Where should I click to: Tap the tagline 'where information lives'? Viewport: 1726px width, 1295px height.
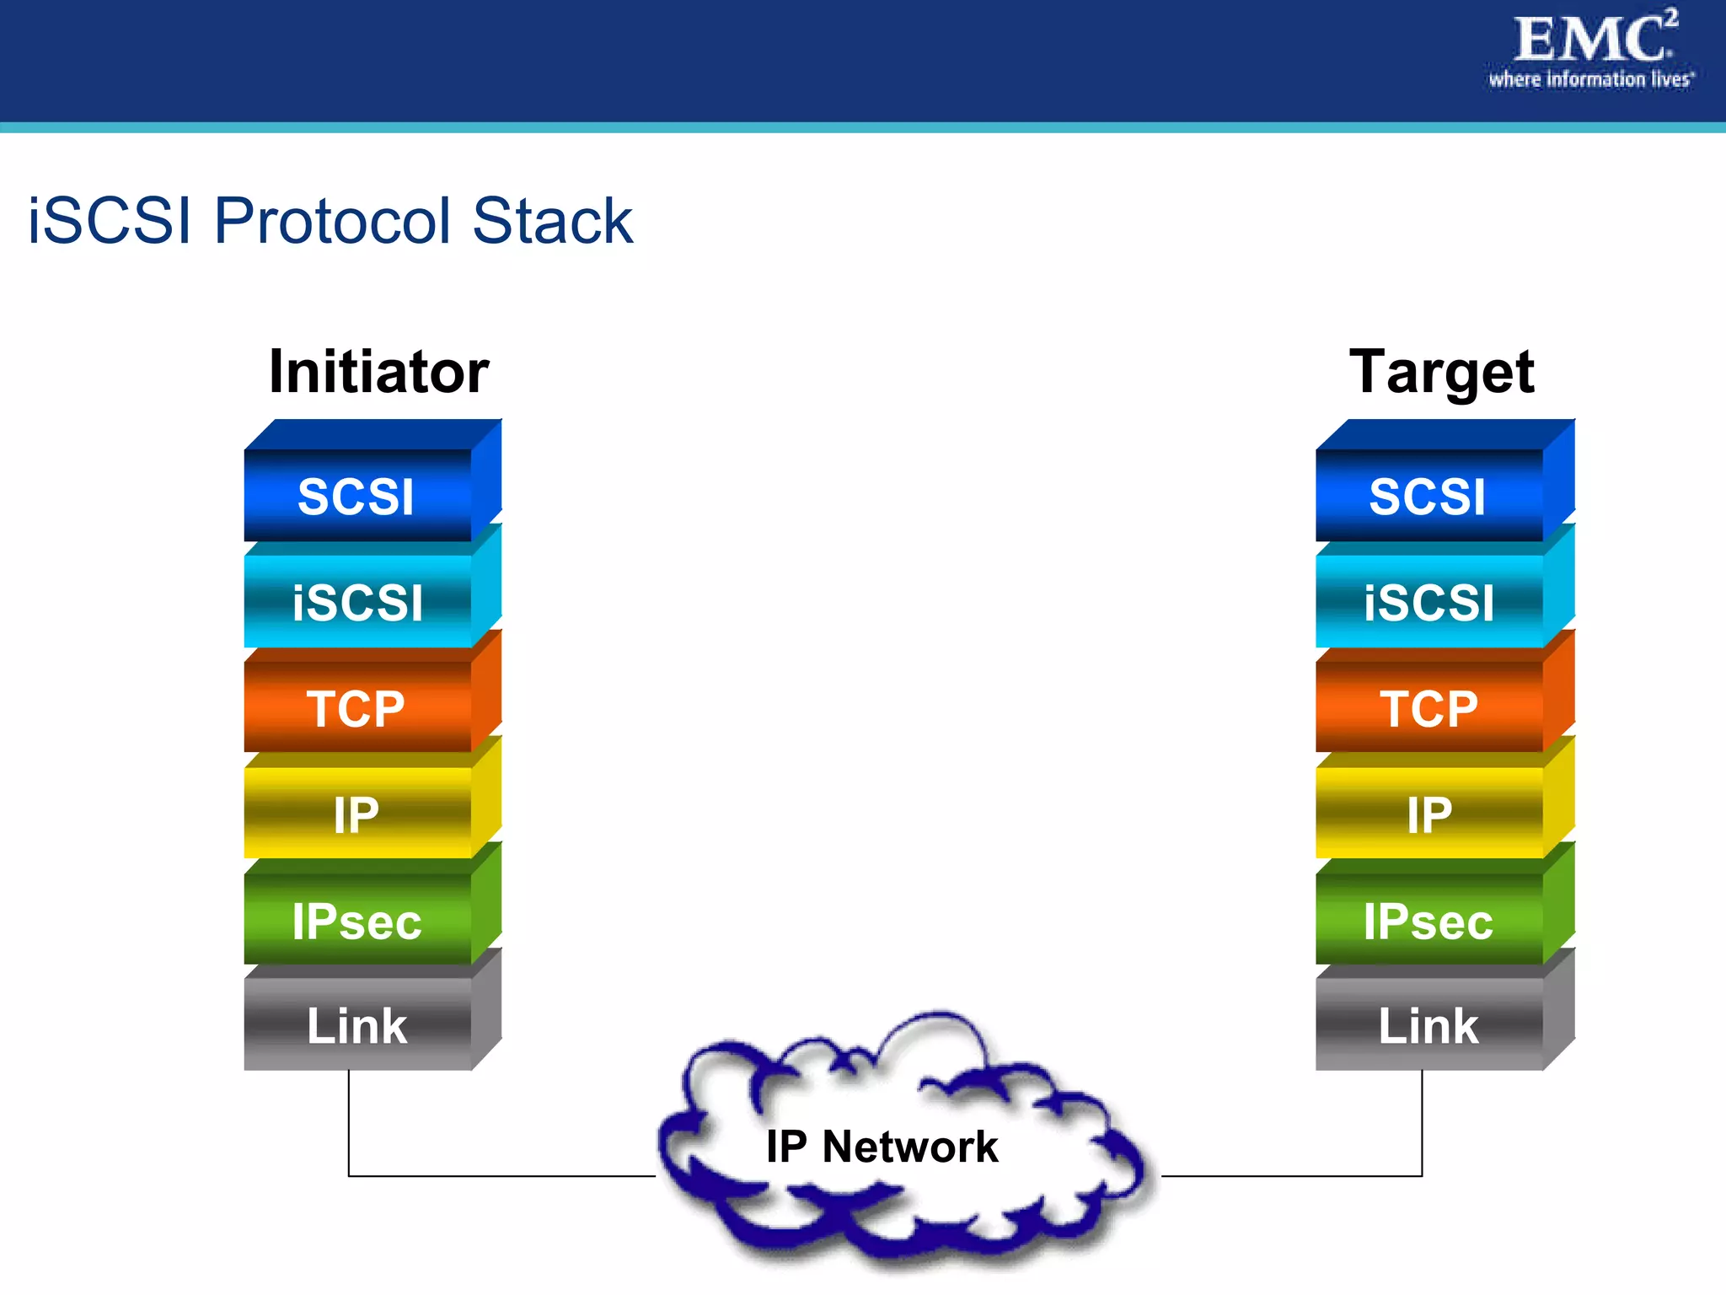1590,80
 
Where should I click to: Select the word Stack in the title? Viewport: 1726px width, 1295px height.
552,221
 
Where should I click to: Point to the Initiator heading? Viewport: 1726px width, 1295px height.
378,372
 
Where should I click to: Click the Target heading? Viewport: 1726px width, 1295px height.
1441,372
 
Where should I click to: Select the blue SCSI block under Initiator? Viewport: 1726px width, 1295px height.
356,496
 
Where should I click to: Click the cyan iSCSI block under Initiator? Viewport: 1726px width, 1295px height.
356,602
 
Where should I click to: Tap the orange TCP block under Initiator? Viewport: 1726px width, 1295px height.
356,708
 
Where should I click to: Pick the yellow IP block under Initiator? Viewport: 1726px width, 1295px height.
356,814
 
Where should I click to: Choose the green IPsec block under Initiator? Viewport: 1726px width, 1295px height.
356,921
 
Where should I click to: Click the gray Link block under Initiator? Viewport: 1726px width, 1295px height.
356,1026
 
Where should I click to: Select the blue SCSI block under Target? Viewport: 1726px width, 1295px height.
1428,496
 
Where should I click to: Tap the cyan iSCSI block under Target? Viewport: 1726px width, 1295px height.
1428,602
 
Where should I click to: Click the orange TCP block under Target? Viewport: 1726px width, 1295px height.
1428,708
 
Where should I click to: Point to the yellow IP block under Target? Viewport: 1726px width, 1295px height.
1428,814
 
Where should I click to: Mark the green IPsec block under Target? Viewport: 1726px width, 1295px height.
1428,921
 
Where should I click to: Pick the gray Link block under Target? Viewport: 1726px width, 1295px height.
1428,1026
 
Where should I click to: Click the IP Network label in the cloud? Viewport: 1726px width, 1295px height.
882,1147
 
